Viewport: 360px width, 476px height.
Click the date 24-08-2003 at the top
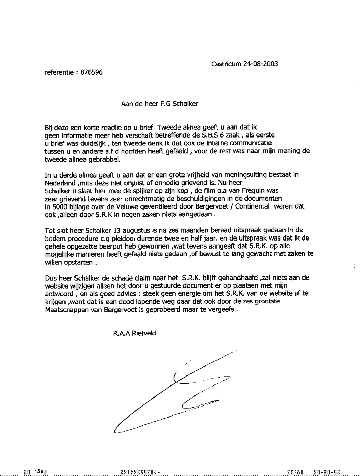click(x=260, y=64)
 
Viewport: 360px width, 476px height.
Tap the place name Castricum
click(x=226, y=64)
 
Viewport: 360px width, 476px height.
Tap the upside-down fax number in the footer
click(x=144, y=471)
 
